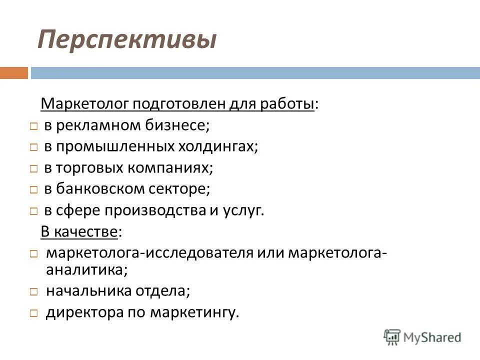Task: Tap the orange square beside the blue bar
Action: (x=13, y=73)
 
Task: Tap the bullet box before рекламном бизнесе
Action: (x=33, y=126)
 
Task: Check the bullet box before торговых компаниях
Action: (x=33, y=169)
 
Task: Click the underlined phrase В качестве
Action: (x=80, y=231)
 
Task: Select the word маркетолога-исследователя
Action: (x=149, y=252)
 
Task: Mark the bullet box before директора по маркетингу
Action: (x=33, y=313)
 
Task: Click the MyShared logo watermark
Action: (x=422, y=336)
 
